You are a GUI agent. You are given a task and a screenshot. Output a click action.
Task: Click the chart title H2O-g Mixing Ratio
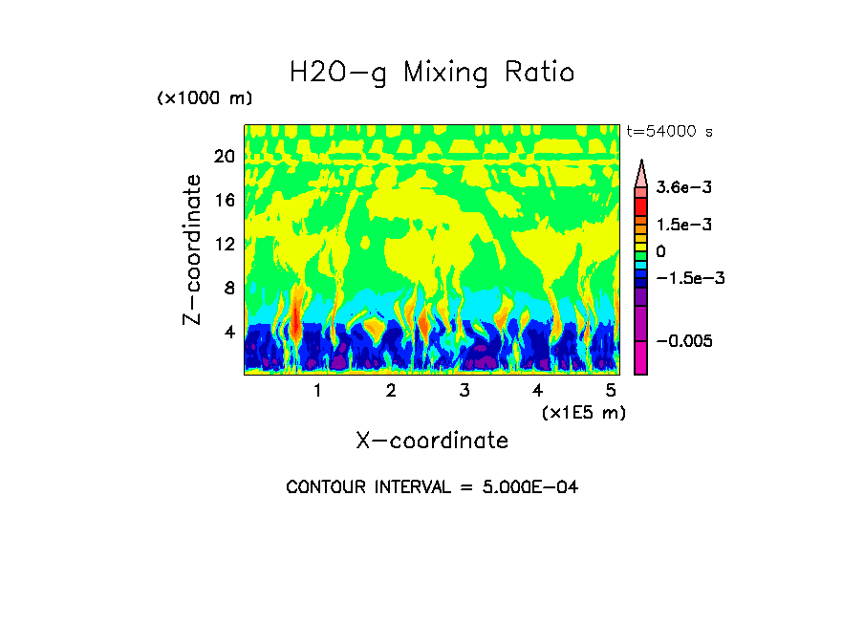coord(432,73)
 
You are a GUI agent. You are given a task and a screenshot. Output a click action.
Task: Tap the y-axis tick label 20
coord(224,157)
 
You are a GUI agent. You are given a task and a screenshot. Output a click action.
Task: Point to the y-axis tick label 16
coord(224,201)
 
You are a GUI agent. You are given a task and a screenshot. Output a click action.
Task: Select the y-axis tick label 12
coord(224,245)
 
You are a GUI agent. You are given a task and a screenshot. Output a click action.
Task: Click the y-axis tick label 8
coord(229,289)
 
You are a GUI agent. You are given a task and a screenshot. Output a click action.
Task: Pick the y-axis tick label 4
coord(229,333)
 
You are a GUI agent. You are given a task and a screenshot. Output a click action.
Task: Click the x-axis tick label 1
coord(317,391)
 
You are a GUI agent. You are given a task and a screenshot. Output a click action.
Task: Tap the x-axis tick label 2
coord(391,391)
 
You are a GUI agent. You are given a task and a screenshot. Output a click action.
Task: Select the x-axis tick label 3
coord(464,391)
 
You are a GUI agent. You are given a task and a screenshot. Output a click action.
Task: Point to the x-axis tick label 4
coord(537,391)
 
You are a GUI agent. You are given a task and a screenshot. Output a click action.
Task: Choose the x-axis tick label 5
coord(611,391)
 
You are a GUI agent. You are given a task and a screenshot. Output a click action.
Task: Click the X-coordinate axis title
coord(432,441)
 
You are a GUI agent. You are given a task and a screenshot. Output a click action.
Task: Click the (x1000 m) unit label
coord(204,99)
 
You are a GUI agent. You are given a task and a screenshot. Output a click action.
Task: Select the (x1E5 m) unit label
coord(583,412)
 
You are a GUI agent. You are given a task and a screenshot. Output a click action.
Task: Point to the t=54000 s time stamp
coord(669,131)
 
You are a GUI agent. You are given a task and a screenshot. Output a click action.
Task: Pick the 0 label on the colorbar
coord(660,251)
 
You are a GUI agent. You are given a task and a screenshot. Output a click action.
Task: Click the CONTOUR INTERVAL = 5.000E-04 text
coord(432,487)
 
